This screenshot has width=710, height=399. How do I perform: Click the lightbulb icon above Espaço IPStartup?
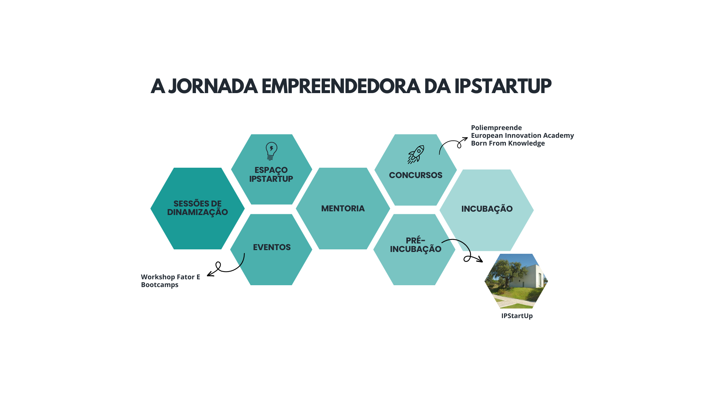(271, 151)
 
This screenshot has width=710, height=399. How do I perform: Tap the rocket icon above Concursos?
(416, 154)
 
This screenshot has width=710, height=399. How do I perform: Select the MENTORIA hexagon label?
(343, 208)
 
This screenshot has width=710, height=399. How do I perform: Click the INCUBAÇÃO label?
(487, 208)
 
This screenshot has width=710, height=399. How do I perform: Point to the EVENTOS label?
(272, 247)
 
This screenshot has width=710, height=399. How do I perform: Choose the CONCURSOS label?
(416, 175)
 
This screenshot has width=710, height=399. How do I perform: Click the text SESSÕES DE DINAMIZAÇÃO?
(197, 208)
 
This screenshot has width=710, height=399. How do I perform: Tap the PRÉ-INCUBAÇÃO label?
(416, 245)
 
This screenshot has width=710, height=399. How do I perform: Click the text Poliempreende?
(496, 128)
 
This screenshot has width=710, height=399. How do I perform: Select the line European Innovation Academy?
(523, 136)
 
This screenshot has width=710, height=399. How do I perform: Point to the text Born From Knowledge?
(508, 143)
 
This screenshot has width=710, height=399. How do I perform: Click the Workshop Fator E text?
(170, 277)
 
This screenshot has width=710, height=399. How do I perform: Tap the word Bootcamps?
(160, 285)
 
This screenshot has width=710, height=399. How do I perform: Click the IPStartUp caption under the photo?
(517, 316)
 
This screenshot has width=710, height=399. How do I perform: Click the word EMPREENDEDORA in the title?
(341, 86)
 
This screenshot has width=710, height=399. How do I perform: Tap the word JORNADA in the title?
(213, 86)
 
